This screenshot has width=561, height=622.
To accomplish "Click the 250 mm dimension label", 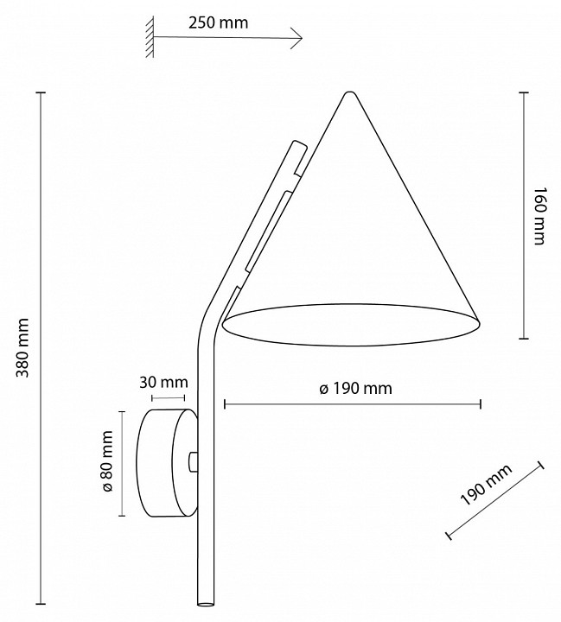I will (x=217, y=22).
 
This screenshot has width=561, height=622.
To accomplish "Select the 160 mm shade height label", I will (x=539, y=216).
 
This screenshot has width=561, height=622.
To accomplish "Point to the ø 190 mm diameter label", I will (x=355, y=389).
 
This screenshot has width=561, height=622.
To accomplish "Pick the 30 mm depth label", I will (x=164, y=382).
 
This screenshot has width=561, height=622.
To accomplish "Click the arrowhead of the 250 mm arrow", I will (x=298, y=37).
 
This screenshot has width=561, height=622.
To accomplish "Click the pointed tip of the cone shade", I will (x=349, y=93).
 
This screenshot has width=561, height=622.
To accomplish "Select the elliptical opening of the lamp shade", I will (x=351, y=323).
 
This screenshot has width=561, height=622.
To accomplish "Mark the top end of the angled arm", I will (x=298, y=144).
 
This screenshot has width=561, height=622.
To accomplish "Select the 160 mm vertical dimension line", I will (x=523, y=216).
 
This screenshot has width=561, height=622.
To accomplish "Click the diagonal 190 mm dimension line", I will (x=494, y=501).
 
